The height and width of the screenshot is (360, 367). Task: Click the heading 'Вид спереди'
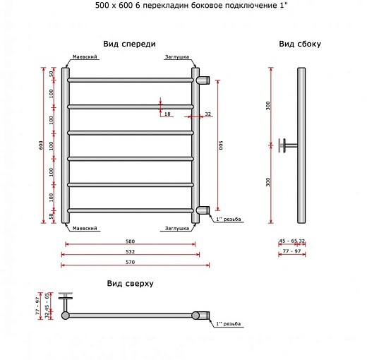tap(129, 44)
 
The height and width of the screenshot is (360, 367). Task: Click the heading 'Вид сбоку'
tap(300, 44)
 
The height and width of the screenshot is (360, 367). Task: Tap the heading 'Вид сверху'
tap(130, 283)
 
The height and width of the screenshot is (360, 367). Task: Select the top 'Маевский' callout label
tap(85, 56)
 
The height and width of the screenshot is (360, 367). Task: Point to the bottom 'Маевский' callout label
tap(85, 228)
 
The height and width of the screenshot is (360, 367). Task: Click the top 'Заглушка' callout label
tap(177, 57)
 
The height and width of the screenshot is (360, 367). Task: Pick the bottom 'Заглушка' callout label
tap(177, 229)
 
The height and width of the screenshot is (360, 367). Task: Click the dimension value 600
tap(41, 145)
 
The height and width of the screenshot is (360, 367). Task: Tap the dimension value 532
tap(130, 251)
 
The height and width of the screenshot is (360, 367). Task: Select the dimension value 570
tap(130, 262)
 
